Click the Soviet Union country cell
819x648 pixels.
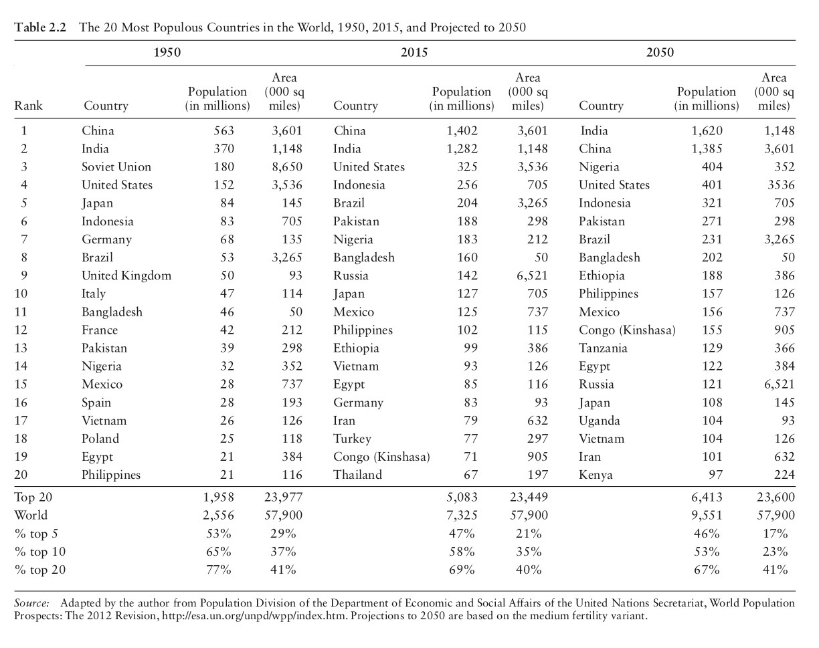coord(116,167)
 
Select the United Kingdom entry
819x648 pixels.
coord(126,276)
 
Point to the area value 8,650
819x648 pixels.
coord(284,167)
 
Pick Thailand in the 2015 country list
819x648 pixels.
coord(358,475)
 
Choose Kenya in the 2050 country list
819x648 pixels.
coord(596,475)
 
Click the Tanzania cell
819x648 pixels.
coord(603,348)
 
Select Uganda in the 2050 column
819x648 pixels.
coord(600,421)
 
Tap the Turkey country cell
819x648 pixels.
coord(352,439)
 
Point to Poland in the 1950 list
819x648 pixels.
coord(100,439)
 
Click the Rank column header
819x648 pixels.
coord(28,106)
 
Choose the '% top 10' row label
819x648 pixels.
coord(39,552)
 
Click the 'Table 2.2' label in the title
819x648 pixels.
coord(39,28)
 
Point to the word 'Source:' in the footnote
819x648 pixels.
coord(31,603)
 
